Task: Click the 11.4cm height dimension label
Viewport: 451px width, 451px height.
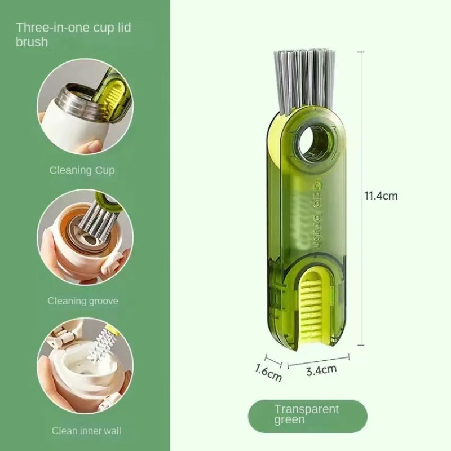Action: [381, 196]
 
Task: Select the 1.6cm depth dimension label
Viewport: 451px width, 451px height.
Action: [268, 372]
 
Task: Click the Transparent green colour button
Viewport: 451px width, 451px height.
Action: [307, 415]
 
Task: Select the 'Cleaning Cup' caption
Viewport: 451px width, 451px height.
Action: [82, 170]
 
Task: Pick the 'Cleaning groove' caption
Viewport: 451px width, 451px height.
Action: [83, 301]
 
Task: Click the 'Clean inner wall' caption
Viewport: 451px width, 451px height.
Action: [86, 431]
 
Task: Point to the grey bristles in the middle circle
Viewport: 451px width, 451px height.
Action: [94, 222]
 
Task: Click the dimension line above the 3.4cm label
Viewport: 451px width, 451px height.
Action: [319, 359]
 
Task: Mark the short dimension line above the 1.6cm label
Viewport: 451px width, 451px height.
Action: [273, 359]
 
